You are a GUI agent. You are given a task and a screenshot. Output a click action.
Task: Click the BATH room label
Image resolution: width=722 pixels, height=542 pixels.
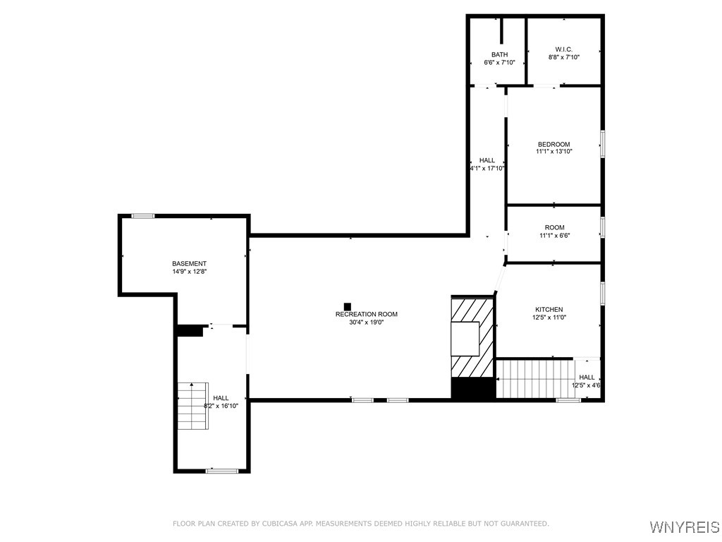pos(499,54)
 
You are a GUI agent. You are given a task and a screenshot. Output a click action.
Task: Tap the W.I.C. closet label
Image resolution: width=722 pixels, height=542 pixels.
pos(563,49)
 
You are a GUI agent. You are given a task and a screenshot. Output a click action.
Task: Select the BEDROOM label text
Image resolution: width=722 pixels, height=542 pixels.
pos(553,144)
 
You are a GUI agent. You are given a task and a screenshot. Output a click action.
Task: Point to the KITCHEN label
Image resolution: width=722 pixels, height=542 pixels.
pos(549,310)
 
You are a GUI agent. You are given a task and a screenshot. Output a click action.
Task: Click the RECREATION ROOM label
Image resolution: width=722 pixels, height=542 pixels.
pos(366,315)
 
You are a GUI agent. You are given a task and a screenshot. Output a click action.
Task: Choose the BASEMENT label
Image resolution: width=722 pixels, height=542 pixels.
pos(189,263)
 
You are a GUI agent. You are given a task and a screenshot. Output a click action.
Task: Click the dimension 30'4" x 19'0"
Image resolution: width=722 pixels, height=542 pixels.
pos(366,323)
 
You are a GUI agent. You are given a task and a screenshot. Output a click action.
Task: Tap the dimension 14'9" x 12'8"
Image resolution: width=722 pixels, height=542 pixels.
pos(189,271)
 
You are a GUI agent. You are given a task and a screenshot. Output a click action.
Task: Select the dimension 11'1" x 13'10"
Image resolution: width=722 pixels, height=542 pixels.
pos(553,152)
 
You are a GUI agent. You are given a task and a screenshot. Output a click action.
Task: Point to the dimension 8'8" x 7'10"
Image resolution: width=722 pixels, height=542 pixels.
pos(563,57)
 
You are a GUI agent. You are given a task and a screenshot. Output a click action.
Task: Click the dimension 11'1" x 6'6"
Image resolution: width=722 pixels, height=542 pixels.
pos(554,235)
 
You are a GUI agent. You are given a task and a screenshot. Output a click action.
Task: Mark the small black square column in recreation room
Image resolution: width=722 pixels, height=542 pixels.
pos(347,306)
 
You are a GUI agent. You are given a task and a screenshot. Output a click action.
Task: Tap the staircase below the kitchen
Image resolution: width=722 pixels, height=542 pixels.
pos(535,378)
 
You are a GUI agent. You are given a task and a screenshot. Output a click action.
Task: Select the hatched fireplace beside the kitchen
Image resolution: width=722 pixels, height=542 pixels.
pos(472,337)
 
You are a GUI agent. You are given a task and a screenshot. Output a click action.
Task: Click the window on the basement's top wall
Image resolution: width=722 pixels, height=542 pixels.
pos(143,216)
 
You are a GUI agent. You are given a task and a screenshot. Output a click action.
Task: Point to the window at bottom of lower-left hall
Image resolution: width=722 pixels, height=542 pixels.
pos(217,471)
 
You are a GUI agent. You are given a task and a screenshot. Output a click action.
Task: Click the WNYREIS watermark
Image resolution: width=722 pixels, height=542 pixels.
pos(683,527)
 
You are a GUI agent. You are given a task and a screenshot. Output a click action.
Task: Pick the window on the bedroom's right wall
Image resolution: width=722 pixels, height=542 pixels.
pos(602,143)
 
